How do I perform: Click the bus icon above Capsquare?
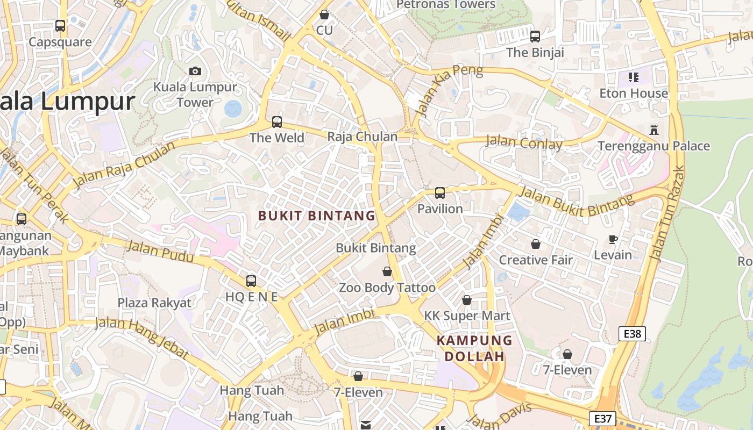point(60,25)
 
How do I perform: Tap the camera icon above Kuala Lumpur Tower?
point(195,71)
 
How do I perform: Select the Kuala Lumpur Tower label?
point(195,95)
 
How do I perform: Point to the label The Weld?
point(277,138)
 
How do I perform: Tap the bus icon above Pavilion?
point(440,193)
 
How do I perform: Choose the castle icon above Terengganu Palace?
point(654,130)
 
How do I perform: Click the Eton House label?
point(634,94)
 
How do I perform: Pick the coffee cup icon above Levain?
point(613,239)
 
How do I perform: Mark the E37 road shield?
point(602,419)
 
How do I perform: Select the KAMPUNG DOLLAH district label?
point(474,348)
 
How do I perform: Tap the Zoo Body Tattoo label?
point(387,288)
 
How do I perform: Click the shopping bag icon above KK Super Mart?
point(467,300)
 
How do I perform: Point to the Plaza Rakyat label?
point(154,303)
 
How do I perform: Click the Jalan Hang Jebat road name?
point(142,338)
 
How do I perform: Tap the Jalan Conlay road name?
point(524,143)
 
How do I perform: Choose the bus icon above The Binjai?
point(535,37)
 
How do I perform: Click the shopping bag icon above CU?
point(324,15)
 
